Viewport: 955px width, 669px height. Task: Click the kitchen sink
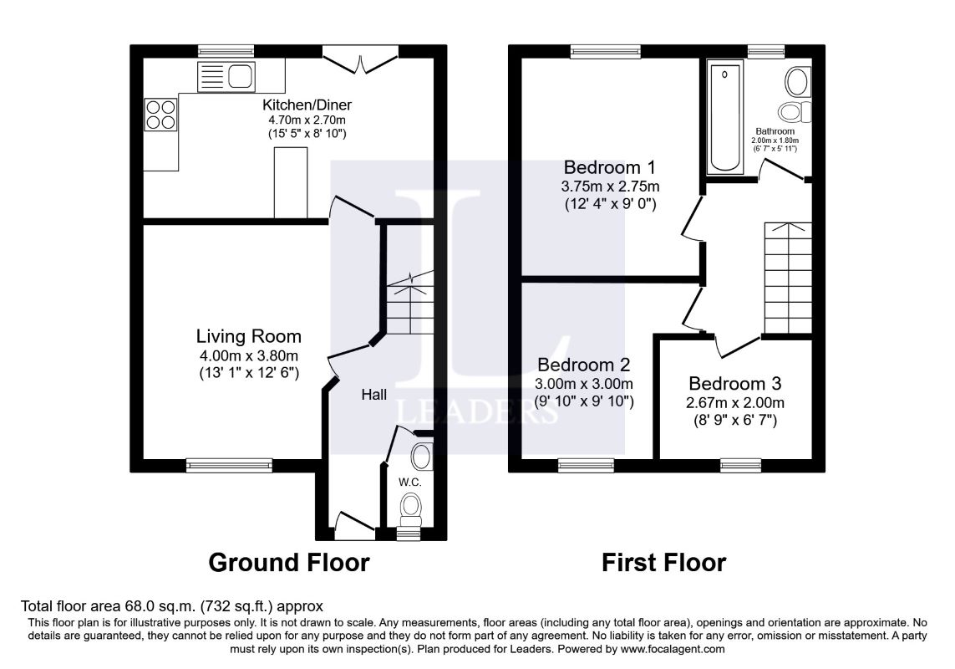click(226, 77)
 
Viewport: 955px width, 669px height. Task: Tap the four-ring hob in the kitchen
click(160, 115)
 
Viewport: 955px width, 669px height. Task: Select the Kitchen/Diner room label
click(307, 105)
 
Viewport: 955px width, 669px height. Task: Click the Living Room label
click(248, 336)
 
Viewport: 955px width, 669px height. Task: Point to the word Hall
click(374, 395)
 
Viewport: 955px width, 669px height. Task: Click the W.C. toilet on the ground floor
click(411, 510)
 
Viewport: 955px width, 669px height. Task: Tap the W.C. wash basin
click(421, 456)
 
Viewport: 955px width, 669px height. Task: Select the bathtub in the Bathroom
click(724, 116)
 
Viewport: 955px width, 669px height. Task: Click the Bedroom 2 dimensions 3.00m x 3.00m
click(583, 384)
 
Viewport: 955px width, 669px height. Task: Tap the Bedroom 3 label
click(735, 384)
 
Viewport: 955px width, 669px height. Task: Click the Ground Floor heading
click(289, 562)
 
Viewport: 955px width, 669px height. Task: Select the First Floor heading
click(664, 562)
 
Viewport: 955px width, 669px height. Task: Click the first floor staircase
click(788, 278)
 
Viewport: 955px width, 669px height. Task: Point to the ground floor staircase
click(410, 303)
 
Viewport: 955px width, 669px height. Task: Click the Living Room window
click(229, 465)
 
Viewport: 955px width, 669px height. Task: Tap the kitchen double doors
click(361, 59)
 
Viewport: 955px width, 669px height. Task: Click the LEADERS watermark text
click(478, 411)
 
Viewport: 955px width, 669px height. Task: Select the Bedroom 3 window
click(740, 465)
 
